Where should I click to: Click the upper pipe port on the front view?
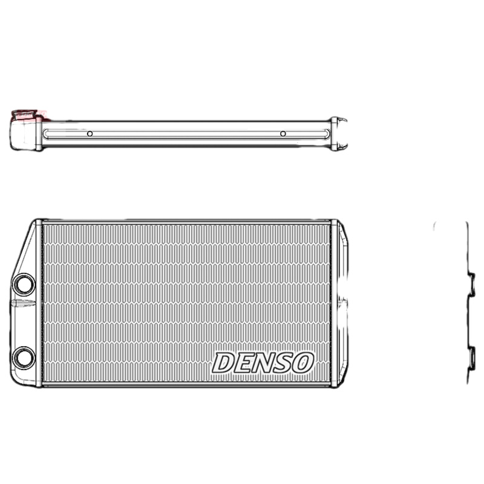[24, 284]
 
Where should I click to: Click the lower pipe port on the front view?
[24, 357]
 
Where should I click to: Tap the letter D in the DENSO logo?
[223, 363]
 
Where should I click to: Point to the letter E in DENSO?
[243, 363]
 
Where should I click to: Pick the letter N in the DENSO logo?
[263, 363]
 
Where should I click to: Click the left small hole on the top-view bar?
[90, 133]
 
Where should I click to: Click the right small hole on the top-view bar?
[283, 133]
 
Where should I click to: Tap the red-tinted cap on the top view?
[27, 115]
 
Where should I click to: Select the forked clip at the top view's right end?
[340, 133]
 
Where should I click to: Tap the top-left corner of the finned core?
[43, 224]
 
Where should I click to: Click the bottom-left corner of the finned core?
[43, 382]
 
